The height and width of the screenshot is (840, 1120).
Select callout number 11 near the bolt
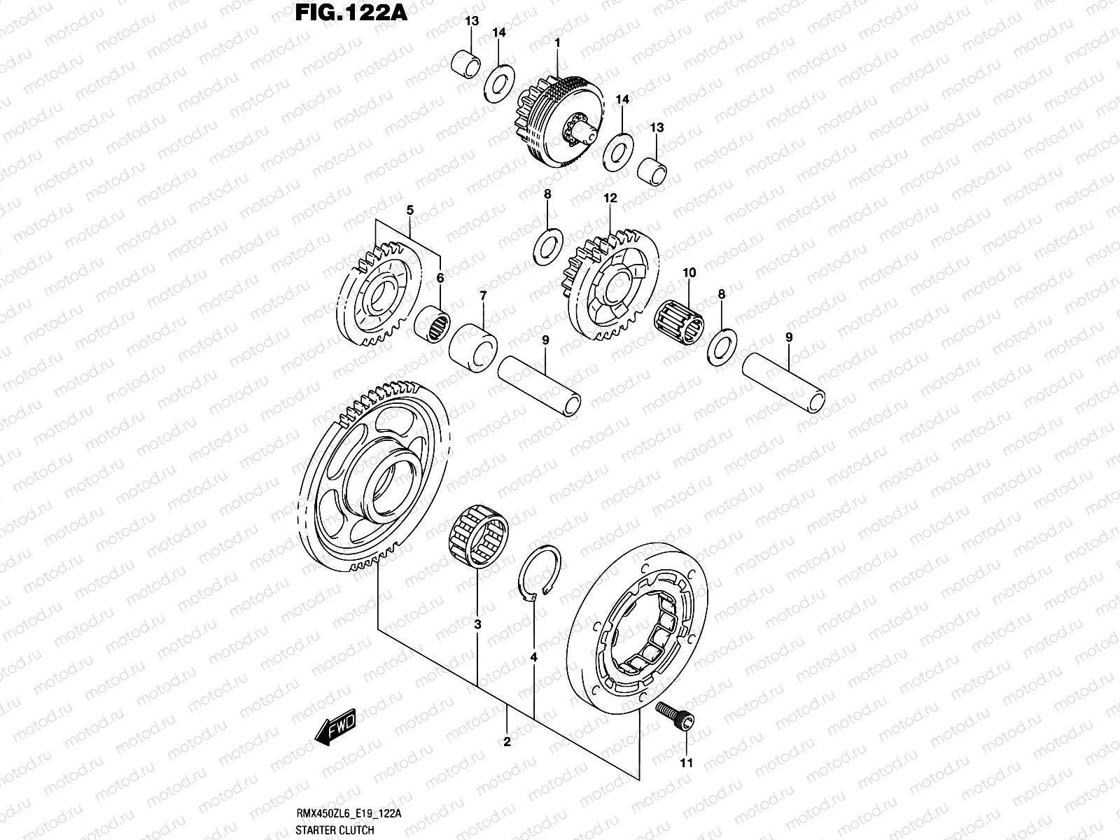[686, 763]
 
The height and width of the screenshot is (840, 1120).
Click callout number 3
[477, 624]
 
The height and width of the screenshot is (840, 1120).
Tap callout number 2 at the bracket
[506, 742]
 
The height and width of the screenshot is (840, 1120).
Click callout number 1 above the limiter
[557, 43]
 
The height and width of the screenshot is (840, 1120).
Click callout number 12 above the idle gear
[610, 199]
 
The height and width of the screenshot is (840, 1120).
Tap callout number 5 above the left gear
[410, 209]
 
